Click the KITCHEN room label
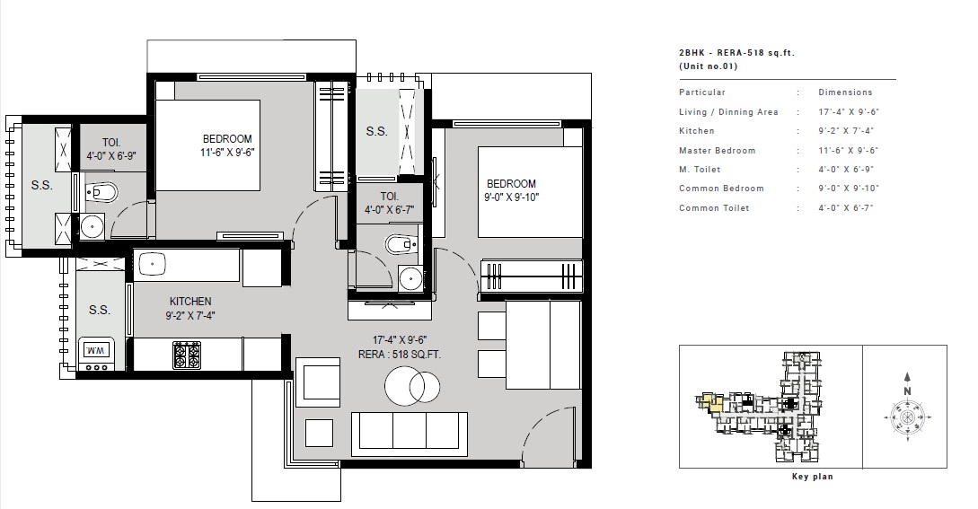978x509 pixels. pyautogui.click(x=190, y=302)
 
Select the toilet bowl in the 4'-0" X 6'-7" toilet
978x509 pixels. pyautogui.click(x=398, y=243)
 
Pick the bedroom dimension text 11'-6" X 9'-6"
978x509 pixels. pyautogui.click(x=227, y=153)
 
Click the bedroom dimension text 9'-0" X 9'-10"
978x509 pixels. pyautogui.click(x=512, y=197)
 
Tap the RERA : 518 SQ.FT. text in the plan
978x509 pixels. pyautogui.click(x=400, y=355)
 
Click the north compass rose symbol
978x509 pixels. pyautogui.click(x=907, y=418)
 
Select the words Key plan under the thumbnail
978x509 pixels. pyautogui.click(x=812, y=477)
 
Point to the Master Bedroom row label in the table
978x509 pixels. pyautogui.click(x=718, y=151)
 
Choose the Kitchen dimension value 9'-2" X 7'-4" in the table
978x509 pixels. pyautogui.click(x=848, y=131)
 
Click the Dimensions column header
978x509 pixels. pyautogui.click(x=845, y=92)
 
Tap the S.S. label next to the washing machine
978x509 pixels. pyautogui.click(x=99, y=310)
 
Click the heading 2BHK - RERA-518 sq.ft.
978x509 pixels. pyautogui.click(x=737, y=54)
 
